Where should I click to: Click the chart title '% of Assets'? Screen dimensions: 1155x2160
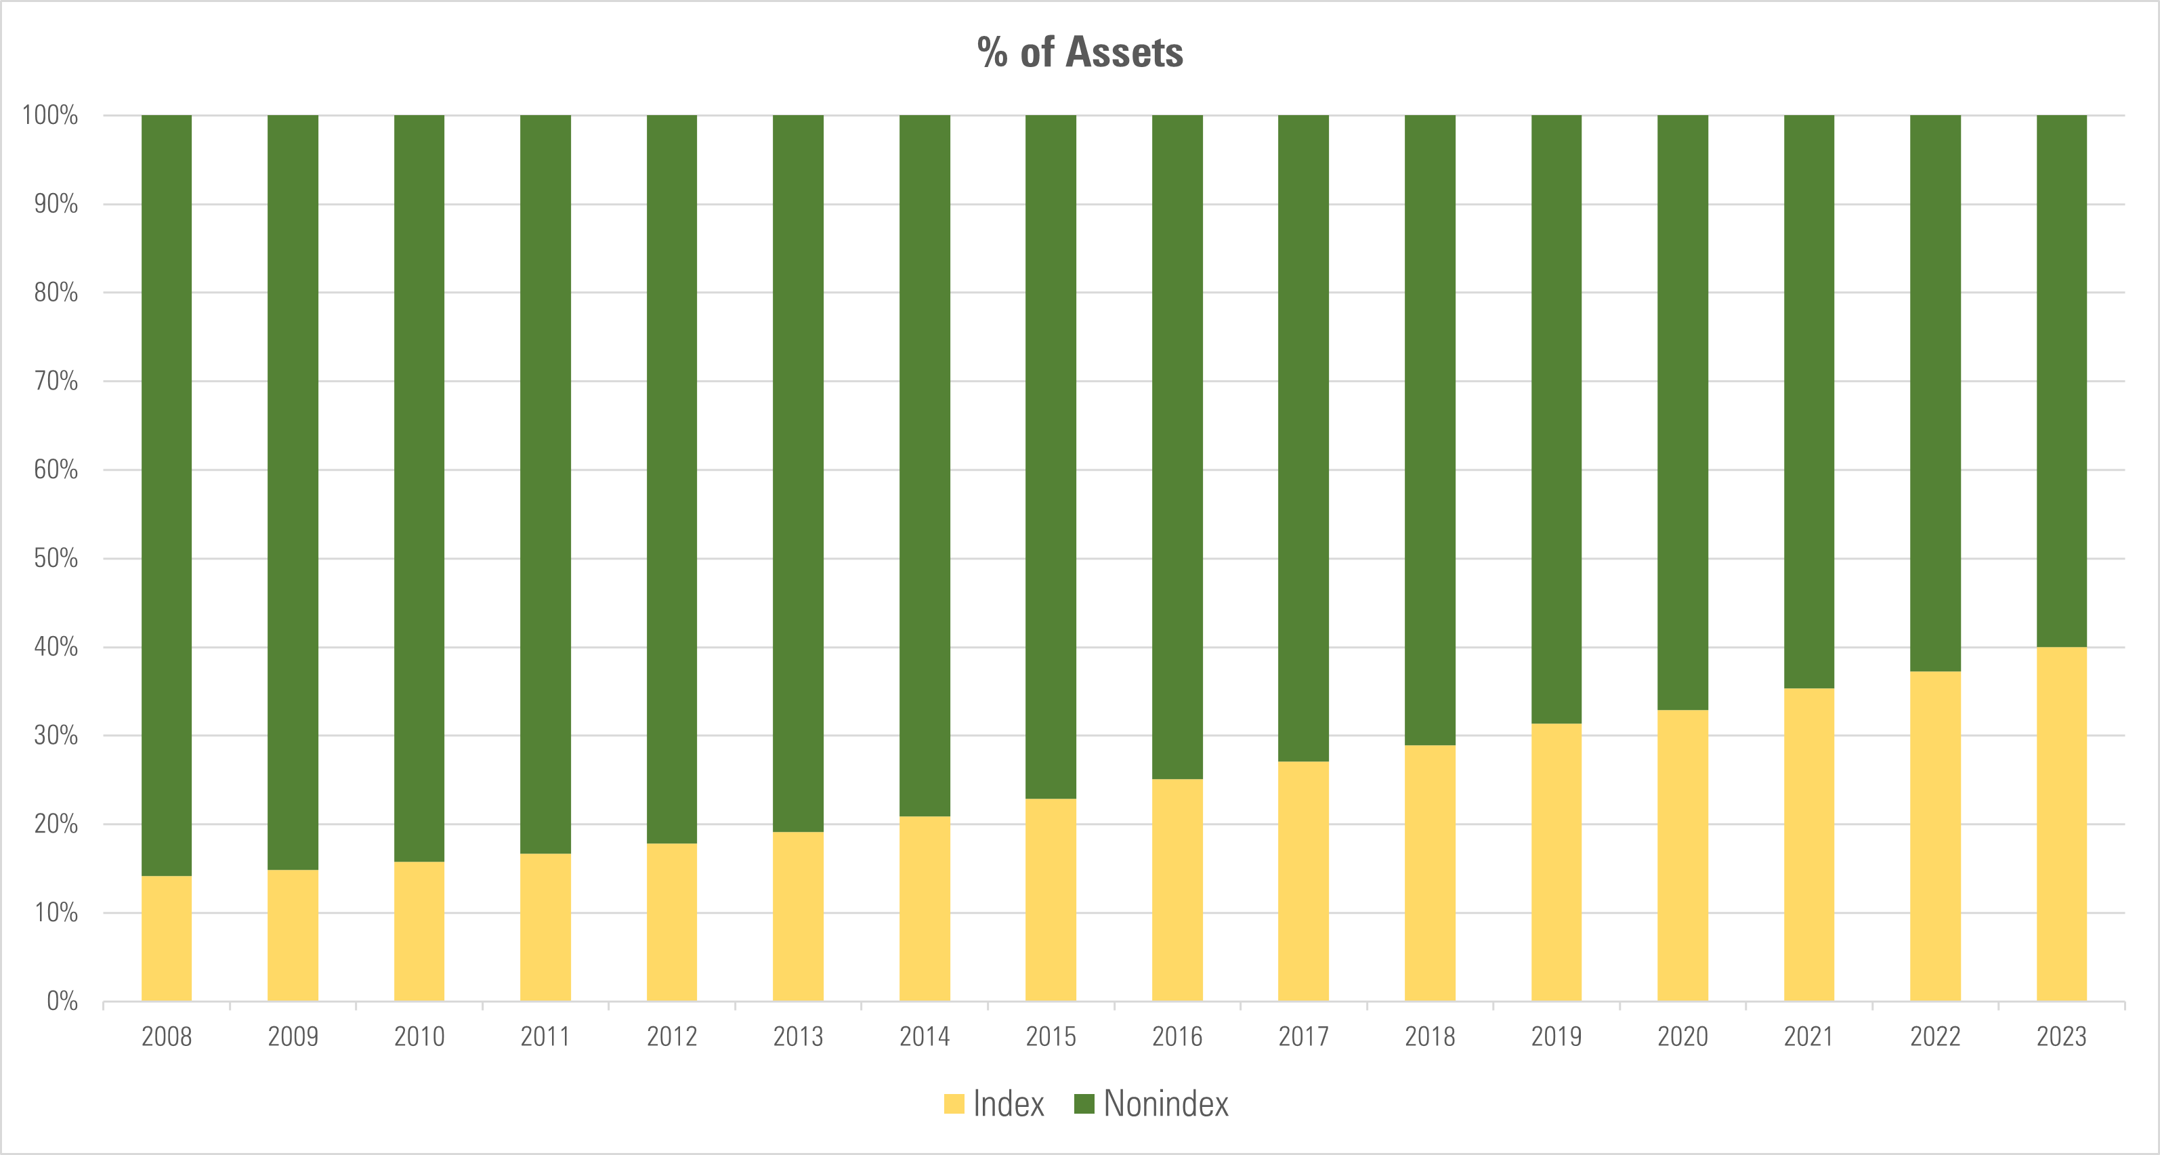click(x=1080, y=52)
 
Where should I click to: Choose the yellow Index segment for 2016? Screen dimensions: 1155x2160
click(x=1177, y=889)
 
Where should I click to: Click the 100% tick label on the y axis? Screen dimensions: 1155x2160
click(x=50, y=116)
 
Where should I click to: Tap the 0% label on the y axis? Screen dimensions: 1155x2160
click(x=62, y=1001)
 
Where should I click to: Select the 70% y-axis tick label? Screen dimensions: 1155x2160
click(x=56, y=381)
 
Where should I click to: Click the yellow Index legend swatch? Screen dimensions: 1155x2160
click(x=954, y=1104)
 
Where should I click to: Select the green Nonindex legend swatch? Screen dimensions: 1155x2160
click(x=1084, y=1104)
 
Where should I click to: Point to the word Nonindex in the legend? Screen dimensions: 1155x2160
click(x=1166, y=1104)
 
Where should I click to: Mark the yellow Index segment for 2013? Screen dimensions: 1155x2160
click(x=797, y=916)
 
